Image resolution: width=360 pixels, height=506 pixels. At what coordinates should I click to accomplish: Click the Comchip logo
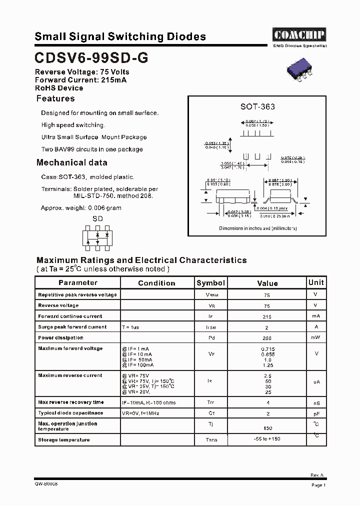[299, 34]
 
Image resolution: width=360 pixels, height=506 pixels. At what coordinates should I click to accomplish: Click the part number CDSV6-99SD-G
[91, 58]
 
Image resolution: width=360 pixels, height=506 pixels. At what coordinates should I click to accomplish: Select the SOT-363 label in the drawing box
[257, 106]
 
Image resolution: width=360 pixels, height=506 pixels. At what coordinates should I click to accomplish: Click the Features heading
[55, 98]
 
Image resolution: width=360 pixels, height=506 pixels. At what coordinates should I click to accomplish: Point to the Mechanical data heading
[71, 162]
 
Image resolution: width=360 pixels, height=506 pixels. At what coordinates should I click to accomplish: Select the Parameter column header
[77, 282]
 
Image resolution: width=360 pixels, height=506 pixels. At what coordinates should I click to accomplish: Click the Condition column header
[156, 283]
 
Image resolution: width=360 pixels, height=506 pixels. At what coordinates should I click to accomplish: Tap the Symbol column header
[210, 283]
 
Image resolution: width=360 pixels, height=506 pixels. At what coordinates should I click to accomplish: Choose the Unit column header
[316, 282]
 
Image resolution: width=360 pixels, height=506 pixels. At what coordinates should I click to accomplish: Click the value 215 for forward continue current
[267, 316]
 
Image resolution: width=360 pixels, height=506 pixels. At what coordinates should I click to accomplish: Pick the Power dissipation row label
[60, 338]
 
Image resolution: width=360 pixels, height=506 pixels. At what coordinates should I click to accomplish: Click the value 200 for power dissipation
[267, 338]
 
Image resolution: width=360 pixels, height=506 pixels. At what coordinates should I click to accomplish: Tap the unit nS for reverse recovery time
[316, 403]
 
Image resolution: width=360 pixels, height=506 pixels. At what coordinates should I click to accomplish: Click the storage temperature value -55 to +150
[267, 439]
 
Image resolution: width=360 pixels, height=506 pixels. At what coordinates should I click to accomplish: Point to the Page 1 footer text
[318, 485]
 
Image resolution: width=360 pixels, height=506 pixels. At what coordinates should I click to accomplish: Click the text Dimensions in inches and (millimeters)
[258, 228]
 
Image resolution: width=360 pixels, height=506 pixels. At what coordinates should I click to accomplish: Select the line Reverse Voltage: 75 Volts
[82, 72]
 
